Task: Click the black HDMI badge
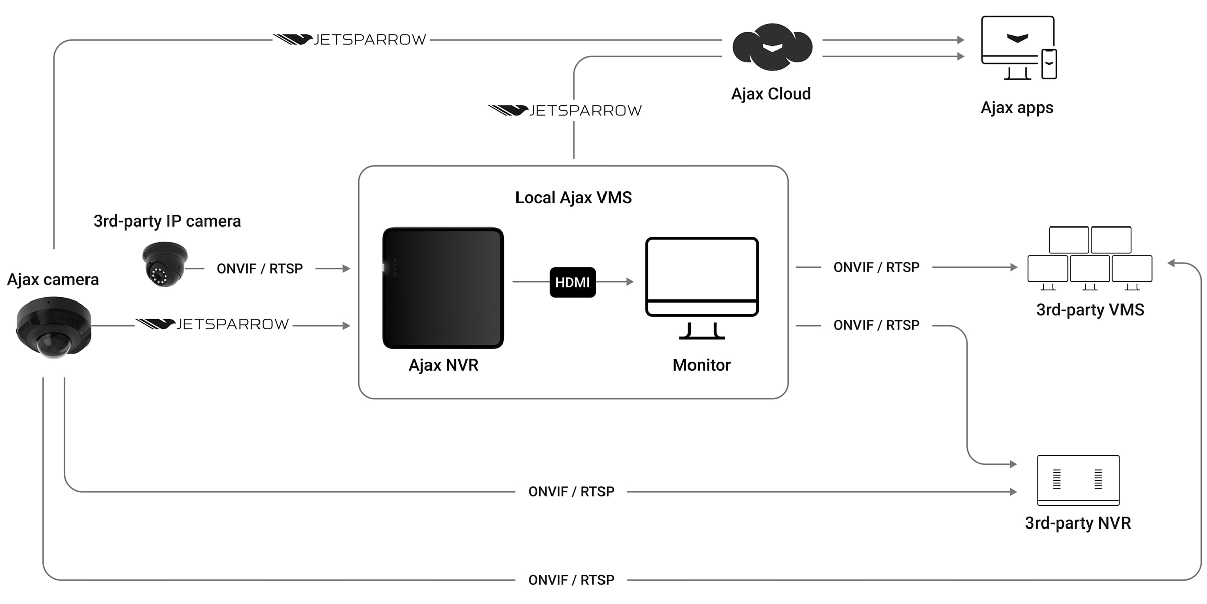click(x=572, y=282)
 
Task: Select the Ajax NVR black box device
click(x=443, y=288)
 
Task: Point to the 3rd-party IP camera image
click(x=164, y=264)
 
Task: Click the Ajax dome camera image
click(x=53, y=328)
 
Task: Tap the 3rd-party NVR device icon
click(x=1078, y=480)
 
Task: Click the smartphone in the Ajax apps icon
click(x=1049, y=64)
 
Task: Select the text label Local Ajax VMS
click(x=573, y=198)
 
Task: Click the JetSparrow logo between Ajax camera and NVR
click(x=212, y=324)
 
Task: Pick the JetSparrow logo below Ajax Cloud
click(x=565, y=110)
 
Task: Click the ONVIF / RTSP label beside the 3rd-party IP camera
click(x=260, y=269)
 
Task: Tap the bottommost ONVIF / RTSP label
click(x=571, y=580)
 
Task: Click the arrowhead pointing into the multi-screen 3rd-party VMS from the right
click(x=1171, y=263)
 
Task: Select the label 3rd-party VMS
click(x=1090, y=310)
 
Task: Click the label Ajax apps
click(x=1016, y=108)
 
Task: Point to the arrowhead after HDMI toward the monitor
click(x=630, y=282)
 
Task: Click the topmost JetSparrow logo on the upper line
click(x=350, y=40)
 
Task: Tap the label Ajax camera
click(x=53, y=280)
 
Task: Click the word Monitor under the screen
click(x=702, y=365)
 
